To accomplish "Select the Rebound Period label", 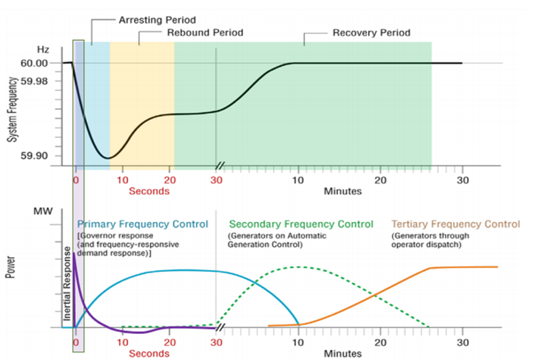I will pyautogui.click(x=205, y=33).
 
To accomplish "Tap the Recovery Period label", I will pyautogui.click(x=371, y=33).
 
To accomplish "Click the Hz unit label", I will pyautogui.click(x=43, y=49).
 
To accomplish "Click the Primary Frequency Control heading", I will pyautogui.click(x=143, y=224).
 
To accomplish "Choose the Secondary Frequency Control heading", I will pyautogui.click(x=301, y=224).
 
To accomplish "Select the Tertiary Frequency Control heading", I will pyautogui.click(x=455, y=224).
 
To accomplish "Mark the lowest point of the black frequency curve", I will pyautogui.click(x=108, y=159).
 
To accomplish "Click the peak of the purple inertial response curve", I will pyautogui.click(x=74, y=253).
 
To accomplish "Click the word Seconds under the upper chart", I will pyautogui.click(x=149, y=191).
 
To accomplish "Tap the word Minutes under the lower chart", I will pyautogui.click(x=343, y=353).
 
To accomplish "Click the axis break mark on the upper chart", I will pyautogui.click(x=221, y=165).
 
